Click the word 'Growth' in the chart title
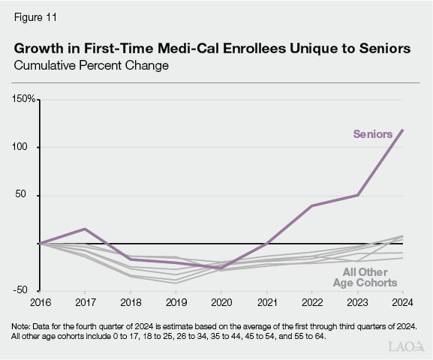coord(40,49)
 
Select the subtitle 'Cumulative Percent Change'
coord(91,65)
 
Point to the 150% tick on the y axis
coord(24,99)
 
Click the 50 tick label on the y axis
coord(29,195)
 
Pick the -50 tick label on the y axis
coord(26,289)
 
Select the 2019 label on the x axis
coord(176,303)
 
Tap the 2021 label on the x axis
coord(267,303)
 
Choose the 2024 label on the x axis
coord(402,303)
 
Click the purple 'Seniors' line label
coord(373,134)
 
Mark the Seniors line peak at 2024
coord(403,130)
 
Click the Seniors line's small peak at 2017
coord(85,229)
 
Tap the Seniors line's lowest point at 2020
coord(221,268)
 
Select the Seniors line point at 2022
coord(312,205)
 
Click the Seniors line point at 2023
coord(358,195)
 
